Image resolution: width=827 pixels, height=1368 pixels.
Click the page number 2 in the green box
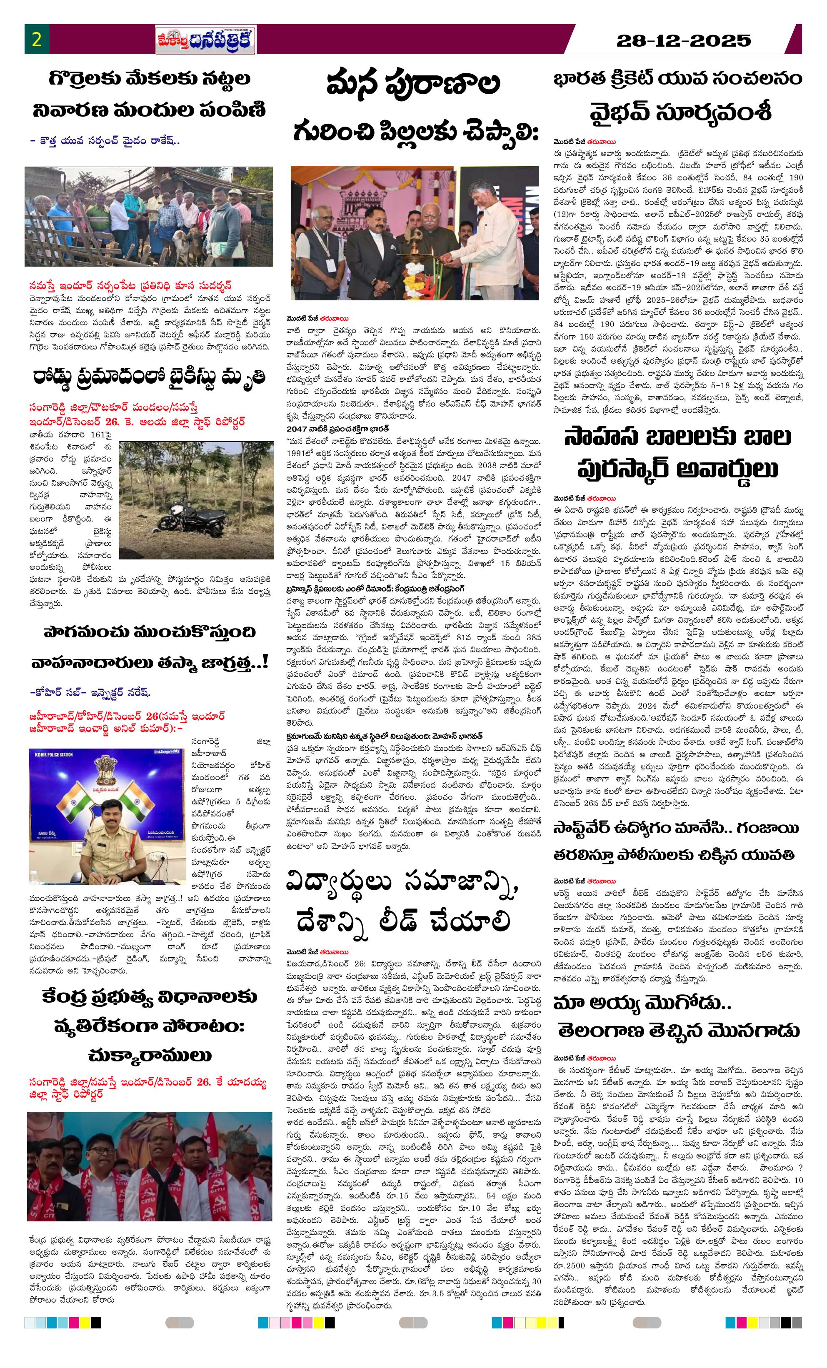click(37, 40)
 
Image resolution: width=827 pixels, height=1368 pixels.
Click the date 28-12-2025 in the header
click(683, 40)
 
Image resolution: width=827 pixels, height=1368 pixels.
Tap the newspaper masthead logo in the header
click(205, 40)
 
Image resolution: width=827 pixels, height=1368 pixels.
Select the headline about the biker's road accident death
click(149, 378)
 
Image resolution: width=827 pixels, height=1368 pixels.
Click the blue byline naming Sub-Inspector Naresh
click(90, 692)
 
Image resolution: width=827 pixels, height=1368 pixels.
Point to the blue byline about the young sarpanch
click(105, 141)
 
